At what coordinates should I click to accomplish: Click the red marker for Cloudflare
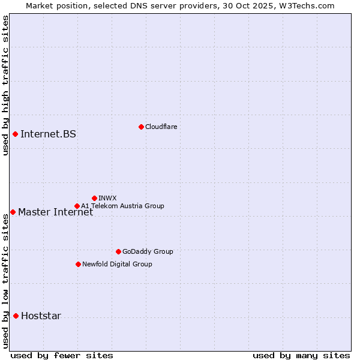coord(141,127)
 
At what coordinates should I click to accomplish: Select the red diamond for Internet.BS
coord(15,134)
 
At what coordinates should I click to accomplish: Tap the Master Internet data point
coord(13,212)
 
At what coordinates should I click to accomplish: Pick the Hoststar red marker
coord(16,316)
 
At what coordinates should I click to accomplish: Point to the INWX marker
coord(94,198)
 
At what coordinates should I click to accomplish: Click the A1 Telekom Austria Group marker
coord(77,206)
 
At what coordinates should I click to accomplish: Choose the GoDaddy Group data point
coord(118,251)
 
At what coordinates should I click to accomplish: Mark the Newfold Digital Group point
coord(78,264)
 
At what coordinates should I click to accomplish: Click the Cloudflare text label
coord(161,127)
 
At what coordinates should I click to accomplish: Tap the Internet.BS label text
coord(48,134)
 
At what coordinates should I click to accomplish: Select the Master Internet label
coord(55,212)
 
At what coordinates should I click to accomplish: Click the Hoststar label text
coord(41,316)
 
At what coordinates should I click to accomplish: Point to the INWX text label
coord(107,198)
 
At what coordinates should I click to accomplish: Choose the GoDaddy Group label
coord(148,251)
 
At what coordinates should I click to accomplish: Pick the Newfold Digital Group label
coord(117,264)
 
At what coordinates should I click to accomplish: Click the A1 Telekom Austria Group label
coord(122,206)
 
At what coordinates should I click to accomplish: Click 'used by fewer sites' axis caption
coord(62,355)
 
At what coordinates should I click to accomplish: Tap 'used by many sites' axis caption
coord(301,355)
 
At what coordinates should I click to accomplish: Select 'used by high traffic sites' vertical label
coord(5,85)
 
